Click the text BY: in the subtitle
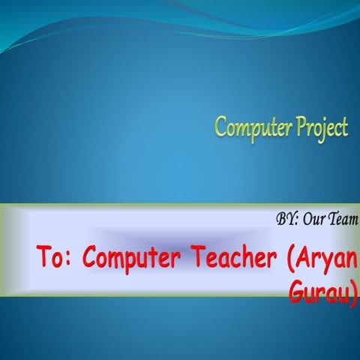[x=287, y=220]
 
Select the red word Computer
[x=132, y=259]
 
